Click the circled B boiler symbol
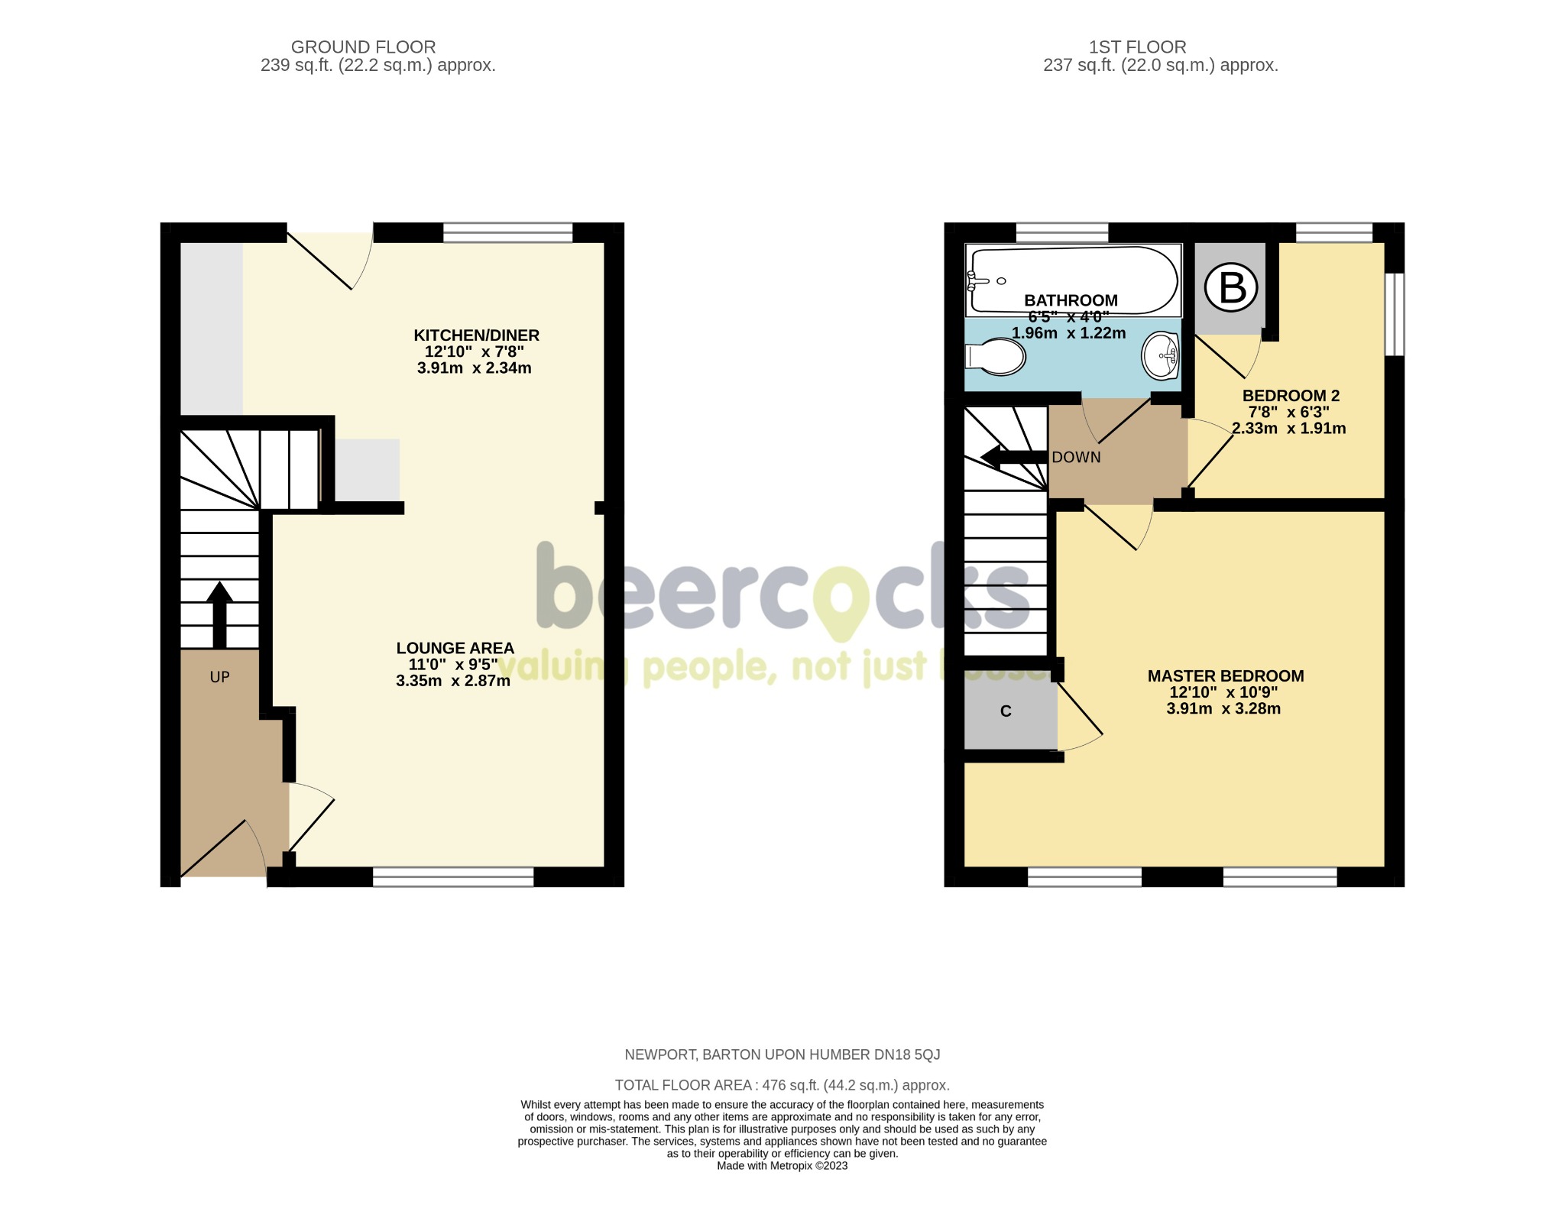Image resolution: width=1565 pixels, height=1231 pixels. pos(1230,288)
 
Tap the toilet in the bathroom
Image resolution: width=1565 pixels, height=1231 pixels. pos(996,357)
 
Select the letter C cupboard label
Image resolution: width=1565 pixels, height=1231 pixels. pos(1006,711)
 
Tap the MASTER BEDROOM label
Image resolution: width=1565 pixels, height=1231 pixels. pos(1225,675)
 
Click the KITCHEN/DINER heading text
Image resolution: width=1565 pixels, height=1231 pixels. pos(476,335)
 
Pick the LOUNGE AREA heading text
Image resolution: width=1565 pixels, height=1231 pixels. pos(455,648)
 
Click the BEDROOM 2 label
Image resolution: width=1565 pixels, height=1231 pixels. pos(1291,395)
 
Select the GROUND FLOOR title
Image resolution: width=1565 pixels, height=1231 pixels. pos(363,47)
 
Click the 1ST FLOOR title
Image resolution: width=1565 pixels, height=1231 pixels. pos(1137,47)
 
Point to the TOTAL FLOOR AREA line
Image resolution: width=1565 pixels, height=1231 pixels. pos(782,1085)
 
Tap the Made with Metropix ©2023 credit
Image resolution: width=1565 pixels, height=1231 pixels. pos(782,1166)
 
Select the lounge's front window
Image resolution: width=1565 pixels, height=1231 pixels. pos(452,876)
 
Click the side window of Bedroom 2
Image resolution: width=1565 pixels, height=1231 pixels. pos(1395,314)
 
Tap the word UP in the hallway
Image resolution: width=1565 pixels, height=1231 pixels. pos(219,677)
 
